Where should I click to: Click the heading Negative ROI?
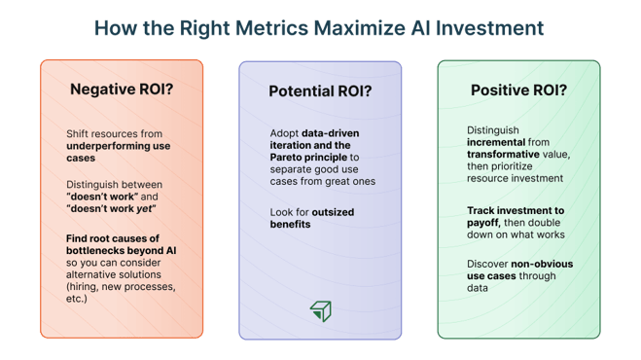pyautogui.click(x=122, y=90)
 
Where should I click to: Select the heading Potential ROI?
pyautogui.click(x=320, y=91)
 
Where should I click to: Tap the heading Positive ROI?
pyautogui.click(x=518, y=90)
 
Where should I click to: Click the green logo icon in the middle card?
pyautogui.click(x=320, y=309)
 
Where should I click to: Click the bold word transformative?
pyautogui.click(x=506, y=153)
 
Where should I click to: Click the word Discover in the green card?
pyautogui.click(x=489, y=264)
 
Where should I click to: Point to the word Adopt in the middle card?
pyautogui.click(x=285, y=131)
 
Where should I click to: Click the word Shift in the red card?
pyautogui.click(x=79, y=131)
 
